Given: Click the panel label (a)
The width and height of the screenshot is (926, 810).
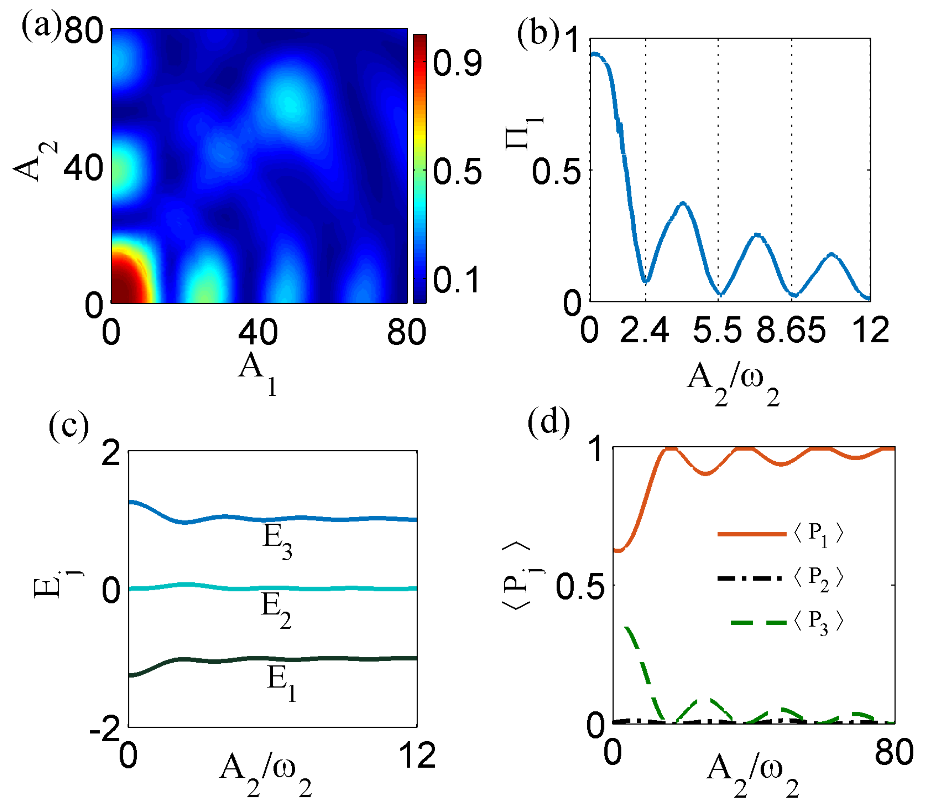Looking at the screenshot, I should (41, 28).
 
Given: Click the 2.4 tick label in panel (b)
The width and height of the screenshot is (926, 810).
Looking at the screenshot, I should (644, 330).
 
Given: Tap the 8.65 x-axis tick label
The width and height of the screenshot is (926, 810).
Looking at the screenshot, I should (791, 330).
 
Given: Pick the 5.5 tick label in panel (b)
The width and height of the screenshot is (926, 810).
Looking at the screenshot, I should (717, 330).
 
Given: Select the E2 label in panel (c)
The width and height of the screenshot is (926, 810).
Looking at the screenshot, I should (276, 610).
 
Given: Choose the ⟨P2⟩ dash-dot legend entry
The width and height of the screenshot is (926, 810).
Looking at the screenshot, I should (779, 578).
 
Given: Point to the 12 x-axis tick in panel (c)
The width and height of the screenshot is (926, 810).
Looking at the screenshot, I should (417, 755).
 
